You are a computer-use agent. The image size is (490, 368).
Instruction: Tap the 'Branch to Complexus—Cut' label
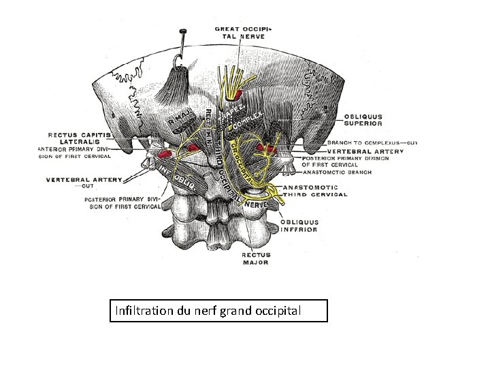pyautogui.click(x=372, y=142)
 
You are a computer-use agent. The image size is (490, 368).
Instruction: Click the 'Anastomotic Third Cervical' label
pyautogui.click(x=319, y=190)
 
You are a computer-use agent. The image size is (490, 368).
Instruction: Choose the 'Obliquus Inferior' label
pyautogui.click(x=301, y=226)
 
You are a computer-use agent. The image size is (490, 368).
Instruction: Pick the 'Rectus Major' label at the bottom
pyautogui.click(x=255, y=258)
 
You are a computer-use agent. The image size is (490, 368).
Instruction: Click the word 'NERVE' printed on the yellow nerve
pyautogui.click(x=255, y=203)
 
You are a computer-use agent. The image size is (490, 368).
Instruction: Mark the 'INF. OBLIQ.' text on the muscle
pyautogui.click(x=178, y=174)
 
